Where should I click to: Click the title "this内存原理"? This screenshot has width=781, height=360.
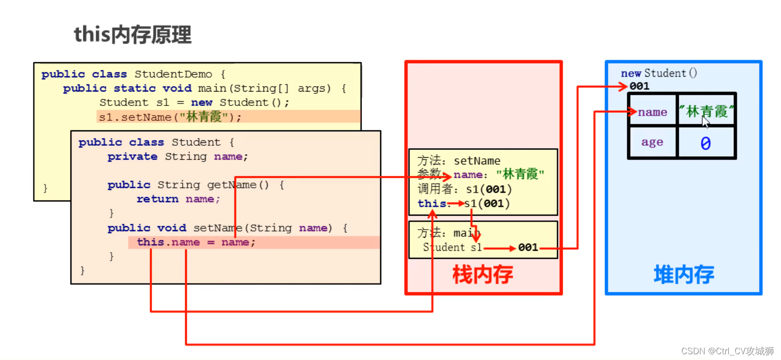(x=132, y=35)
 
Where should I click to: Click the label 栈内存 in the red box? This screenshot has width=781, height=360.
(x=482, y=275)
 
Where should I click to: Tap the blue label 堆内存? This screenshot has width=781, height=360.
(x=684, y=275)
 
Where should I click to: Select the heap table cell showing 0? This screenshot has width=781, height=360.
(x=706, y=143)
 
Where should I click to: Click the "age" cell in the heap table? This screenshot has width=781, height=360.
(x=652, y=142)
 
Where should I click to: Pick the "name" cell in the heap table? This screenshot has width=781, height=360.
(x=653, y=112)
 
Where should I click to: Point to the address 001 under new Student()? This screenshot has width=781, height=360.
(x=640, y=86)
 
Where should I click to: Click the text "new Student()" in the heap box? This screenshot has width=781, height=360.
(x=659, y=73)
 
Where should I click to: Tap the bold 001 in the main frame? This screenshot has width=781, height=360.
(x=528, y=247)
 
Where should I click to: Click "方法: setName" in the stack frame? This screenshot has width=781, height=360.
(x=459, y=161)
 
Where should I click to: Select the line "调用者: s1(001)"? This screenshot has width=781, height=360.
(x=464, y=189)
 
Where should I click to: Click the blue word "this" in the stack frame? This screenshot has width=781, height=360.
(x=432, y=203)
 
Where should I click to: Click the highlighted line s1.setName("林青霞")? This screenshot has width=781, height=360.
(x=170, y=117)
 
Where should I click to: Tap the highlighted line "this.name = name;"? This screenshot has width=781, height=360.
(x=196, y=242)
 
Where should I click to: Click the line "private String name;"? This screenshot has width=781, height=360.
(x=177, y=157)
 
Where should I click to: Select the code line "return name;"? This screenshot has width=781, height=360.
(x=178, y=199)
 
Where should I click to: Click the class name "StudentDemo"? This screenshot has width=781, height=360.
(x=173, y=74)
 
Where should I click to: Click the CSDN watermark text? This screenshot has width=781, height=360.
(x=727, y=351)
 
